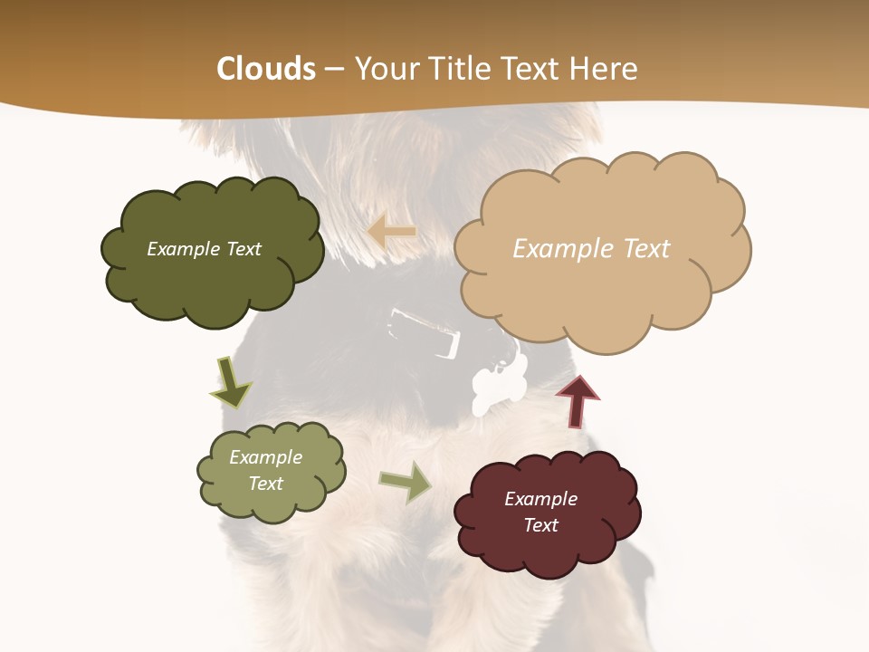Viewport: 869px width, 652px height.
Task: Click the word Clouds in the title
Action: coord(266,69)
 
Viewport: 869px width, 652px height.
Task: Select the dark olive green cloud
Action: coord(210,272)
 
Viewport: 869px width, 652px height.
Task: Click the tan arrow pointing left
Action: coord(391,232)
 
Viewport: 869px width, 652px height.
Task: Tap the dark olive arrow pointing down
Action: coord(231,383)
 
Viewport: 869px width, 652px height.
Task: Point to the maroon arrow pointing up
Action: coord(578,401)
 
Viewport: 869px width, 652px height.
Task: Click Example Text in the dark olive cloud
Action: coord(204,249)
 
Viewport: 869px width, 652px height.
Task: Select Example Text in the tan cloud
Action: coord(591,249)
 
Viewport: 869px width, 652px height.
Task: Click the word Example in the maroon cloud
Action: coord(540,499)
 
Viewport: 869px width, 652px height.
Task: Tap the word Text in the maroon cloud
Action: coord(540,525)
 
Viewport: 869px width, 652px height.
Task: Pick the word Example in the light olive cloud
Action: coord(265,457)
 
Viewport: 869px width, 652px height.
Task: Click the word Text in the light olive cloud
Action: coord(265,484)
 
